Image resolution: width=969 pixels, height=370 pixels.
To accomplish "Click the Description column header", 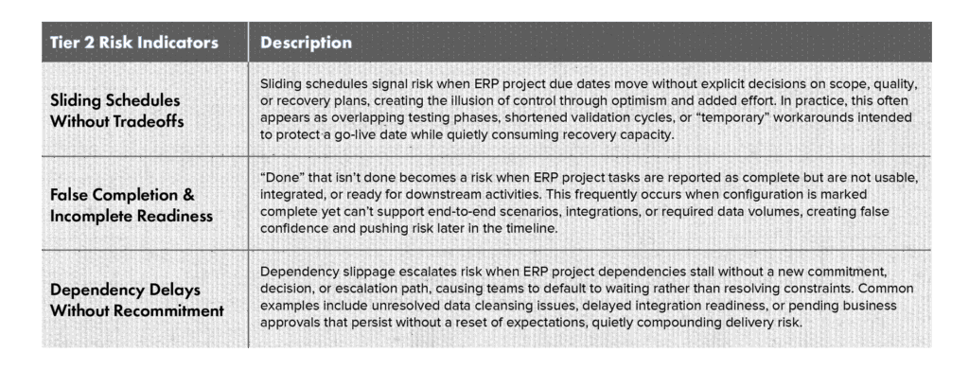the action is click(306, 43).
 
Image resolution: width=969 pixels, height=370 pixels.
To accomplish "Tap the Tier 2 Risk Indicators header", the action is click(134, 43).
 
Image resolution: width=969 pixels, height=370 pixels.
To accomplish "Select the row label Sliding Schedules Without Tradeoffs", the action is click(116, 111).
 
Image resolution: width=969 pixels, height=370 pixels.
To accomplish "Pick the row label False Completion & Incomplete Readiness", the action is click(131, 205).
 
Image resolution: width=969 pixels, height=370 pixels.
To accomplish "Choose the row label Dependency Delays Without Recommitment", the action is click(136, 300).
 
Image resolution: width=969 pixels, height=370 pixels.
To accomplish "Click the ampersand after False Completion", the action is click(188, 195).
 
